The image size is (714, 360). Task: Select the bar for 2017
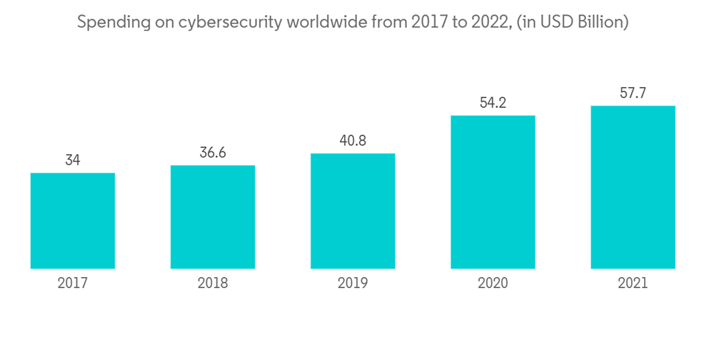[x=73, y=221]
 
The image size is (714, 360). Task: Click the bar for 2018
[x=213, y=217]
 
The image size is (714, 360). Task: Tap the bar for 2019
[x=353, y=211]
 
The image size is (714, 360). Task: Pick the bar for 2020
[x=493, y=191]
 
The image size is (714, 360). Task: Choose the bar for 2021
[x=633, y=187]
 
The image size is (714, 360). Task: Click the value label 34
[x=73, y=161]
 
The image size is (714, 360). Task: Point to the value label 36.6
[x=213, y=153]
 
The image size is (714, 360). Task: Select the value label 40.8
[x=353, y=141]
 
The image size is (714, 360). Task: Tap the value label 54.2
[x=493, y=103]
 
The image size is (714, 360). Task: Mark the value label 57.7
[x=633, y=94]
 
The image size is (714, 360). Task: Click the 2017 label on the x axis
[x=73, y=284]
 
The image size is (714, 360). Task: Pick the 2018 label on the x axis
[x=213, y=284]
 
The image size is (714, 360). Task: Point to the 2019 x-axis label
[x=353, y=284]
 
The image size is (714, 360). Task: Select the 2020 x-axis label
[x=493, y=284]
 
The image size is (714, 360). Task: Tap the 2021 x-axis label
[x=633, y=284]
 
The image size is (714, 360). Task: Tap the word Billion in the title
[x=603, y=23]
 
